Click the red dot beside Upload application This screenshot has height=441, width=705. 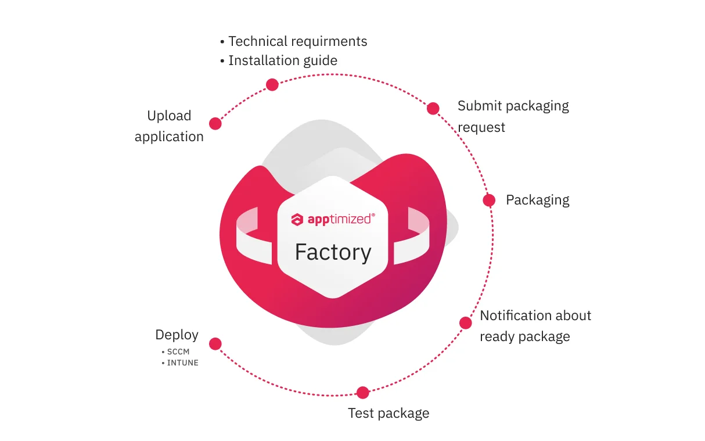[215, 123]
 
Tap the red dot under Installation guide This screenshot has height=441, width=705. [272, 85]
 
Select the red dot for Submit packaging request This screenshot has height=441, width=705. [433, 109]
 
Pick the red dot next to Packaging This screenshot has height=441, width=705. [489, 200]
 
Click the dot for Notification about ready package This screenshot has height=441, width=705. [465, 323]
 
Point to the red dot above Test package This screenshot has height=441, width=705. [362, 393]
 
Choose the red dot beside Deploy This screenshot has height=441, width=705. [215, 344]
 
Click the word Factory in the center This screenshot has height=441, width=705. [333, 252]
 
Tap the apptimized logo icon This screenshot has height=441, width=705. [297, 220]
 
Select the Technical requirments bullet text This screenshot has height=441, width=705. [297, 41]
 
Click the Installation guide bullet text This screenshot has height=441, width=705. [282, 60]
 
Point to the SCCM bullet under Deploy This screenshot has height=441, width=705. [178, 352]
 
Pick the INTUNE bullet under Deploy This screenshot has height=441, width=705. [182, 363]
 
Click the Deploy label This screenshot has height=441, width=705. [177, 335]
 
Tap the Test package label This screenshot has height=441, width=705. [389, 413]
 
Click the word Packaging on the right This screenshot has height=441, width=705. [537, 200]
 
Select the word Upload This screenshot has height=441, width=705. [169, 116]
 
